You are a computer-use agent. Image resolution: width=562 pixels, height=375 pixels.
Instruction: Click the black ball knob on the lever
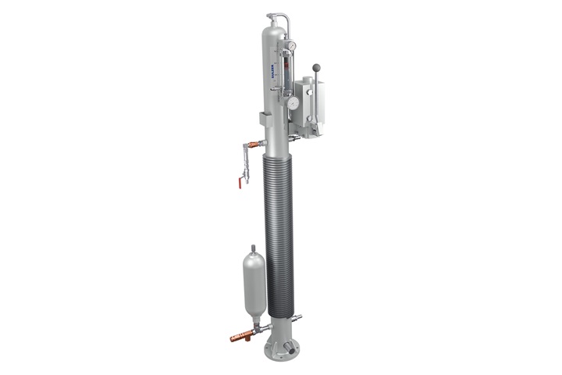click(316, 67)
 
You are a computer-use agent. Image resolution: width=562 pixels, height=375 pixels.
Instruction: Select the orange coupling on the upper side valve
click(249, 145)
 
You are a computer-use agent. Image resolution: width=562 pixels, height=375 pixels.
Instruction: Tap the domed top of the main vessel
click(274, 28)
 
